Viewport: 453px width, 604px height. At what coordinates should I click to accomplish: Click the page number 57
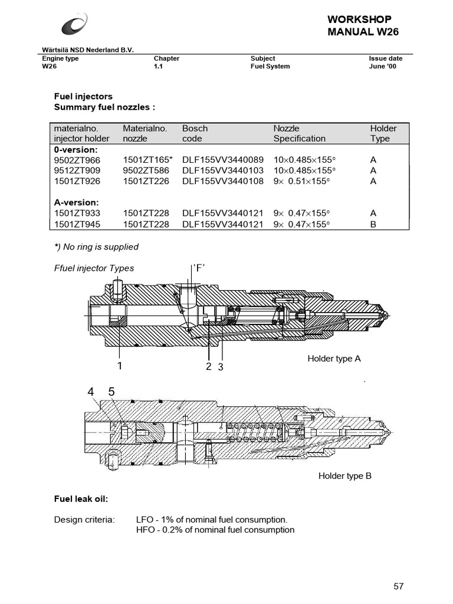[x=399, y=586]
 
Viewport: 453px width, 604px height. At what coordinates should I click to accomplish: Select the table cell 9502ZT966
[x=77, y=160]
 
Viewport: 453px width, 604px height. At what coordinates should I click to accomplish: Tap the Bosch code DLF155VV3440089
[x=223, y=160]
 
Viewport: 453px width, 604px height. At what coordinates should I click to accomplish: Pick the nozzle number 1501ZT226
[x=146, y=181]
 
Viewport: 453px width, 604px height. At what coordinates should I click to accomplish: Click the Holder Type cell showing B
[x=373, y=224]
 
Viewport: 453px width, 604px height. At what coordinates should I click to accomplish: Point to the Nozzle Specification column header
[x=299, y=133]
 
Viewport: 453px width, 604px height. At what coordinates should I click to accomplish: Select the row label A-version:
[x=75, y=203]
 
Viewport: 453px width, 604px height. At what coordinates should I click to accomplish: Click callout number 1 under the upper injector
[x=120, y=366]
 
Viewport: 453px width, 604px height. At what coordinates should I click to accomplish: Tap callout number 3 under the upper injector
[x=221, y=367]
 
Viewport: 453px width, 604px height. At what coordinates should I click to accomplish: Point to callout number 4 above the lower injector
[x=91, y=392]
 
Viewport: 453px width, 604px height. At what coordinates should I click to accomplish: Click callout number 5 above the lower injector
[x=111, y=392]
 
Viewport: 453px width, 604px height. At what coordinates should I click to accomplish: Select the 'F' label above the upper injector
[x=199, y=268]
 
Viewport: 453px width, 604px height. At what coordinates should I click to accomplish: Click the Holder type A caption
[x=334, y=359]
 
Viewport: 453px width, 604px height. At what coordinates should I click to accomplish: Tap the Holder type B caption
[x=345, y=476]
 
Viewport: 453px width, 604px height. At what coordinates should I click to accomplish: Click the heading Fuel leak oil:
[x=81, y=500]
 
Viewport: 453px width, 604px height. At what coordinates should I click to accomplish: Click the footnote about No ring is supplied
[x=96, y=247]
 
